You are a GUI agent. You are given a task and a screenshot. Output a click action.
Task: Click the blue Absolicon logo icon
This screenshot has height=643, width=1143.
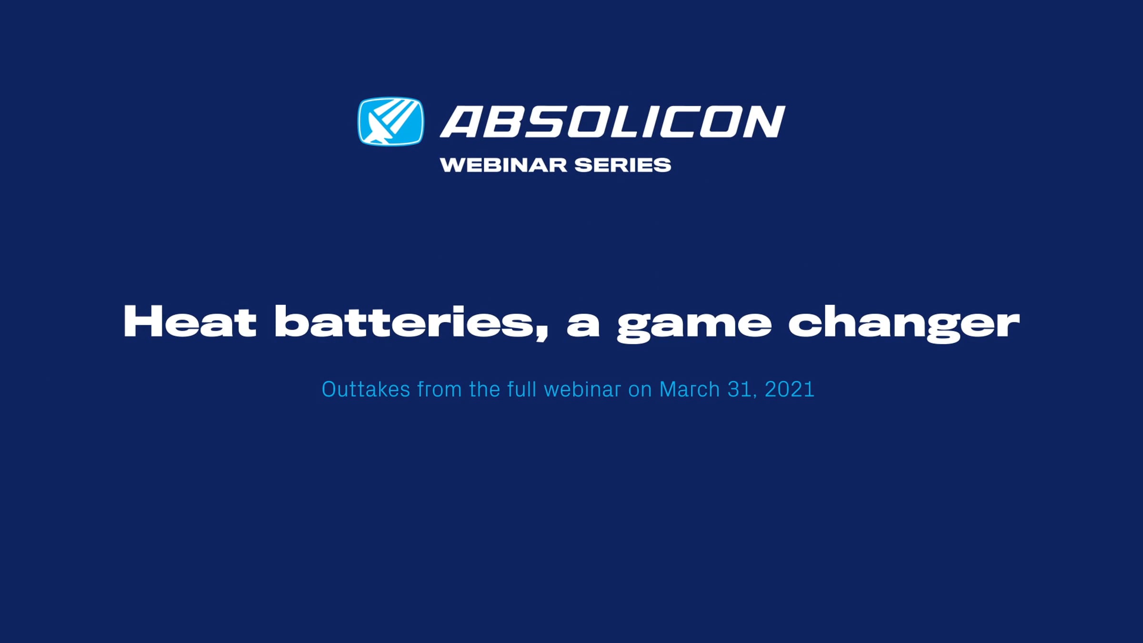[391, 121]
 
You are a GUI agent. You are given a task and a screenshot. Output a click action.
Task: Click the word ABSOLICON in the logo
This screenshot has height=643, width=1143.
[612, 122]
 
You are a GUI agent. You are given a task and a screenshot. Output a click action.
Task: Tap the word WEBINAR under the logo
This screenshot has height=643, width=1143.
[504, 165]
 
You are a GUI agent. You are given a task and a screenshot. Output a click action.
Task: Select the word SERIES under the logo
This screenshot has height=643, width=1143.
[622, 165]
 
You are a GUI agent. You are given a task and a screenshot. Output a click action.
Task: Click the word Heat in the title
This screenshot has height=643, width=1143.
[190, 322]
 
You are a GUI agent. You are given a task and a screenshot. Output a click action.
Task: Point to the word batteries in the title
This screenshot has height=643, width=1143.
[405, 322]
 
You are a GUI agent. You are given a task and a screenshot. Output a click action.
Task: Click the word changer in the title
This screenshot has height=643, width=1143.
[904, 324]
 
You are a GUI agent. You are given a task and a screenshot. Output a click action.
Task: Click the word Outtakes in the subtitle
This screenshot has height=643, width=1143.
[366, 389]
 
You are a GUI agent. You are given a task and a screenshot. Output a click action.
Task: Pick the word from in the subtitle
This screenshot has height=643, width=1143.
[440, 389]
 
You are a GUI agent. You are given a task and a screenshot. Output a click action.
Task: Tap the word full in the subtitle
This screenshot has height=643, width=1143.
[522, 389]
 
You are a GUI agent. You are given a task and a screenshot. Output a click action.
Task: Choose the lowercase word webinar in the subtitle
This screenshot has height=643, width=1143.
[582, 389]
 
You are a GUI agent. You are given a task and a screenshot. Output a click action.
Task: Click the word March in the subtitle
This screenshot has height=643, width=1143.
[689, 389]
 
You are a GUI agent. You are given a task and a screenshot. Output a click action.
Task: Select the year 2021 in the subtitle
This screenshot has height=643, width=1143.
[789, 390]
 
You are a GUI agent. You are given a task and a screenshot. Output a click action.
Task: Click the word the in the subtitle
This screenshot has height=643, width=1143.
[484, 389]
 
